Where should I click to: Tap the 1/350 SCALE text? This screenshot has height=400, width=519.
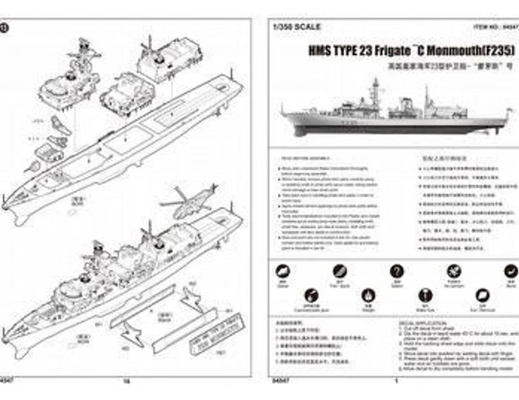coord(297,27)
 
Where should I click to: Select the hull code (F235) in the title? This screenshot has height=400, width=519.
coord(498,51)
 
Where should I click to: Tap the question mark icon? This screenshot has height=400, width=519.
coord(396,272)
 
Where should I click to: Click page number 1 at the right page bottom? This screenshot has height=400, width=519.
coord(396,381)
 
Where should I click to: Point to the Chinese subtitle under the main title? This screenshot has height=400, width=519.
coord(450,66)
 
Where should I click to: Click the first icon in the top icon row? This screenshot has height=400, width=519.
coord(283,272)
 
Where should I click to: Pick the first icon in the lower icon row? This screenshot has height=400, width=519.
coord(311,296)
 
